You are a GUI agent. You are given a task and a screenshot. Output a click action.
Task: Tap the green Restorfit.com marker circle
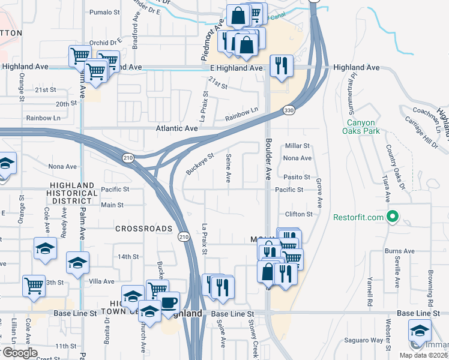(394, 217)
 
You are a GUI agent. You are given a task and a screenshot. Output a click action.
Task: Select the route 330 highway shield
(289, 110)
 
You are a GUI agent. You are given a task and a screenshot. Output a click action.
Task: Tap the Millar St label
(297, 146)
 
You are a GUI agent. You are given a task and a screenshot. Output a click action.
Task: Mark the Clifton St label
(299, 214)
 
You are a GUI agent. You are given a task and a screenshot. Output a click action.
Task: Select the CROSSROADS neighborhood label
(143, 229)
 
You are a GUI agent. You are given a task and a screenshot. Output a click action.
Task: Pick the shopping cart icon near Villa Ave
(34, 286)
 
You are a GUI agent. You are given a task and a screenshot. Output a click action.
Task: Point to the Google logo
(19, 352)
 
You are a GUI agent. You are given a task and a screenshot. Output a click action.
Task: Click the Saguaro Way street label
(364, 340)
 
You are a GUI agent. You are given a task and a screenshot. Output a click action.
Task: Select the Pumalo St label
(104, 12)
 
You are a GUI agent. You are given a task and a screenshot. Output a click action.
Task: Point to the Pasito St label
(297, 178)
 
